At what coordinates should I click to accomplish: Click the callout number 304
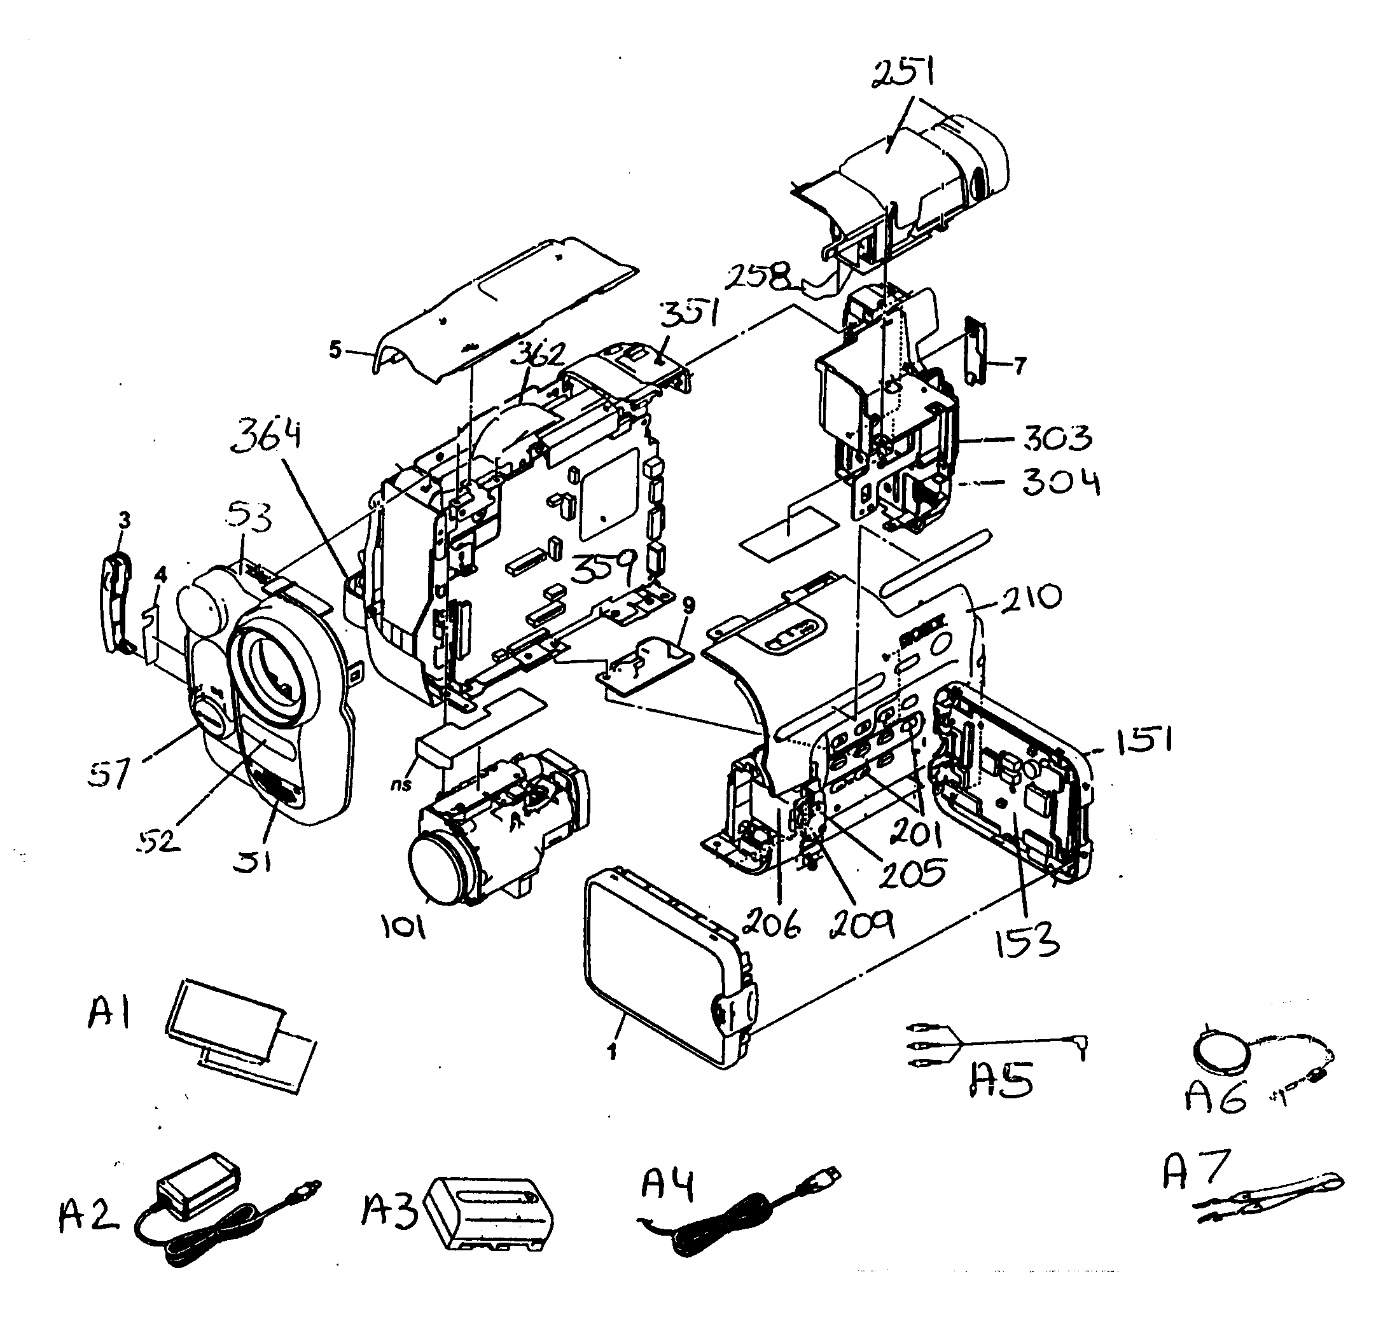[1060, 482]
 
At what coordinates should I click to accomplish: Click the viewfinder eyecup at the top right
[983, 158]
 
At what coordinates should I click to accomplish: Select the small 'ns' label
[401, 784]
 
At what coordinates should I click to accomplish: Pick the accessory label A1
[109, 1014]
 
